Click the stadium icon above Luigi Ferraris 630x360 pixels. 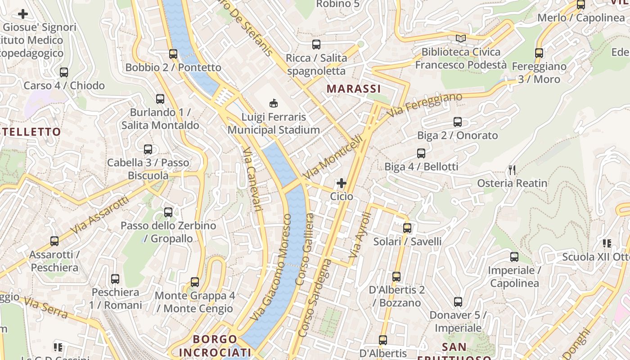click(x=273, y=103)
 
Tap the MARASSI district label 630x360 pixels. click(x=354, y=89)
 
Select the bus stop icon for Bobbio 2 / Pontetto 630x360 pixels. click(x=173, y=54)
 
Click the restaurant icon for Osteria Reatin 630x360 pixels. click(x=512, y=170)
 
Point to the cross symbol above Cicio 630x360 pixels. click(x=342, y=183)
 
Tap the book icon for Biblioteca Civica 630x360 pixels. click(x=460, y=39)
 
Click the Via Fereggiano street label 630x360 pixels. click(x=425, y=105)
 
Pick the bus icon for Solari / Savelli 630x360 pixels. click(x=407, y=228)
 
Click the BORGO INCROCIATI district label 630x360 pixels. click(x=215, y=345)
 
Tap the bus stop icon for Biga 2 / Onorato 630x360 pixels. click(x=458, y=122)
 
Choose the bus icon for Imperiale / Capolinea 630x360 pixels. click(x=514, y=257)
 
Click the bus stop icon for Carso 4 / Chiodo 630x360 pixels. click(x=64, y=72)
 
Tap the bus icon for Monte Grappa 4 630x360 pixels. click(x=195, y=282)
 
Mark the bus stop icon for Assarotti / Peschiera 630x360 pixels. click(x=54, y=241)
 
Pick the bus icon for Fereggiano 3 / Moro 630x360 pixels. click(x=539, y=53)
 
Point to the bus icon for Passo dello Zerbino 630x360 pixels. click(x=168, y=212)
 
